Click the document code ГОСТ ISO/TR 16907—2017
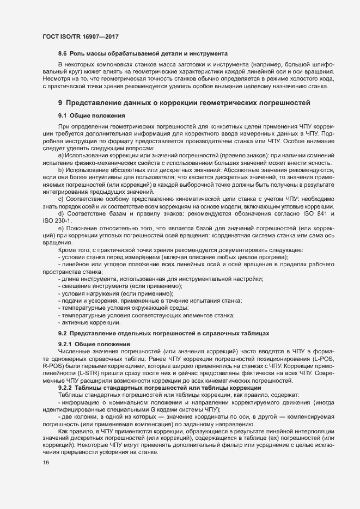click(x=80, y=36)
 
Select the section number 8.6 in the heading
click(x=63, y=56)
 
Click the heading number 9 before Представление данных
click(x=60, y=102)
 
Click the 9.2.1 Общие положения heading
click(x=94, y=345)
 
